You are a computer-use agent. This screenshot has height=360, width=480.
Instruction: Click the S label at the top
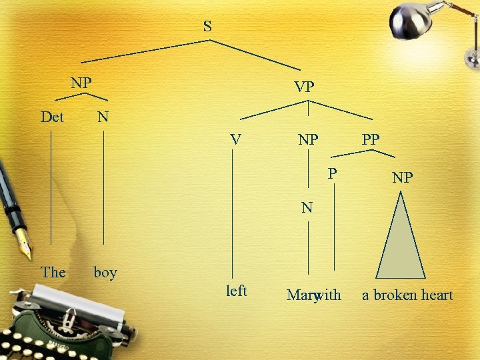[x=207, y=27]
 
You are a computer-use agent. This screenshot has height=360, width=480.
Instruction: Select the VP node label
[x=305, y=87]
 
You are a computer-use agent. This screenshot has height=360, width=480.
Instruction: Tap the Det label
[x=52, y=117]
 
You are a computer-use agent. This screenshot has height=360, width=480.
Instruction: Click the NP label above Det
[x=81, y=83]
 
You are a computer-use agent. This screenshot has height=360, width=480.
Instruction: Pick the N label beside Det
[x=103, y=117]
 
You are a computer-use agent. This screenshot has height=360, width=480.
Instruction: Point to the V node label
[x=235, y=140]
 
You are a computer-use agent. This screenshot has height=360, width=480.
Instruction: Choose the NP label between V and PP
[x=308, y=141]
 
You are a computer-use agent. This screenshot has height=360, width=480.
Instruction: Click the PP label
[x=371, y=140]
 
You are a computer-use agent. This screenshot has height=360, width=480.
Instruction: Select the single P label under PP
[x=332, y=173]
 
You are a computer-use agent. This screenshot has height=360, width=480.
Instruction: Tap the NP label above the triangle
[x=402, y=178]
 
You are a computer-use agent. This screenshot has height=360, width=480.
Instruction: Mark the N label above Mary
[x=307, y=207]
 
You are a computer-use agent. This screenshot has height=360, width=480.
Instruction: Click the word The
[x=53, y=272]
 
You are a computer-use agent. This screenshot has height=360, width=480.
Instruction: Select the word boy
[x=105, y=273]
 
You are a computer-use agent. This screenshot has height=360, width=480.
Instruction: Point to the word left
[x=237, y=291]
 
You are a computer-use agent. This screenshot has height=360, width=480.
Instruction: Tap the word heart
[x=437, y=295]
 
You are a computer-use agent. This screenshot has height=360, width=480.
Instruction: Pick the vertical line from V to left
[x=232, y=213]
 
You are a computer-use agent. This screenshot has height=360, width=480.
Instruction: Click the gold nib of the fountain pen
[x=25, y=246]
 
